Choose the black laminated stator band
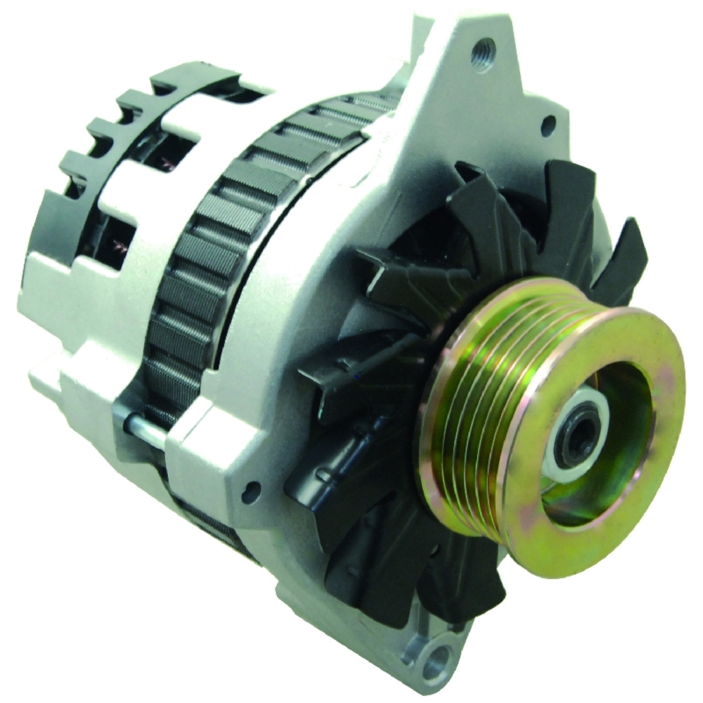pos(190,281)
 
